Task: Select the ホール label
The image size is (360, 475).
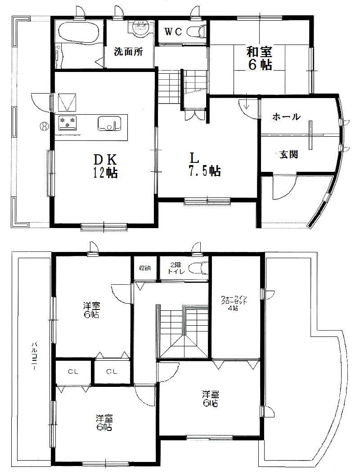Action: click(x=286, y=117)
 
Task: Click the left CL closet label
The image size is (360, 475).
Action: click(x=72, y=372)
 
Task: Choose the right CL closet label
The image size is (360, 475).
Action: click(x=112, y=372)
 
